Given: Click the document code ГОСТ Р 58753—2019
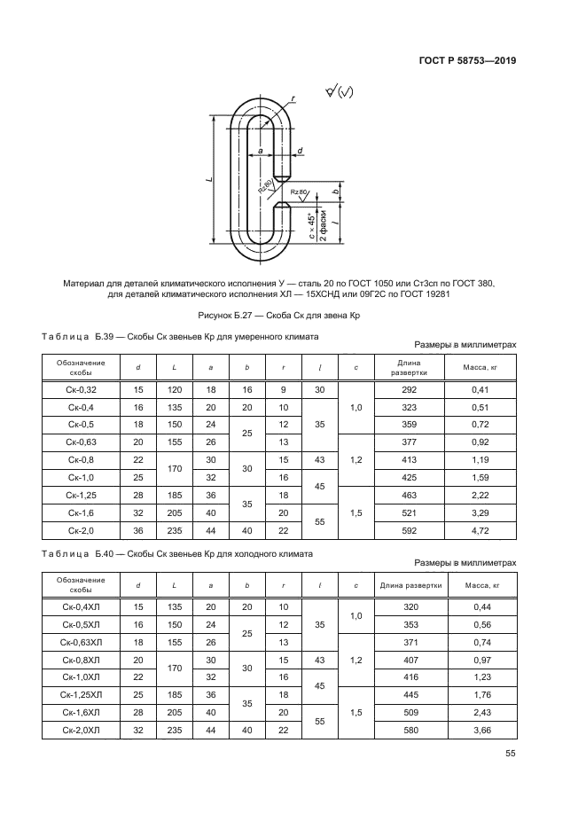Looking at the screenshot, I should tap(466, 61).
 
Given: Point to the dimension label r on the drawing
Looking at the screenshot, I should tap(292, 99).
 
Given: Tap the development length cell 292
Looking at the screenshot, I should tap(409, 390).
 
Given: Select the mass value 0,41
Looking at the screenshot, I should tap(481, 390).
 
